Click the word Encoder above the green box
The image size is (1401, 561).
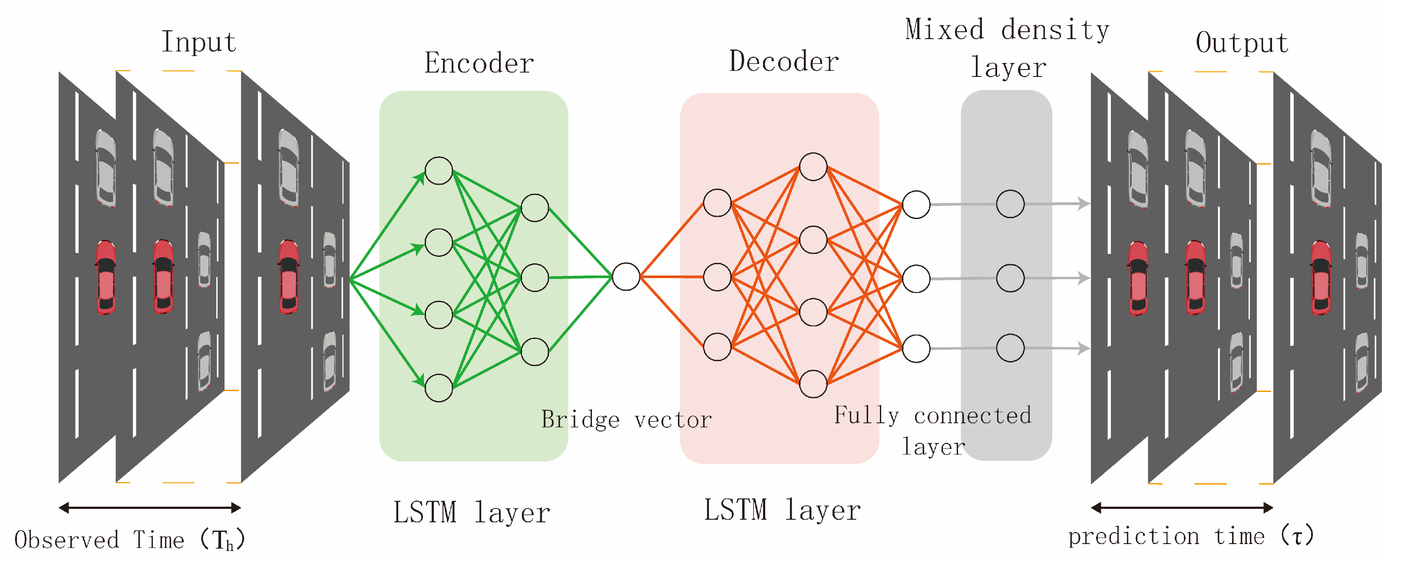point(479,63)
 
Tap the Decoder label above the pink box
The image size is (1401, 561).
point(784,61)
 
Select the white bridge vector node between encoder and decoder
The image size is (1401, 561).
point(625,276)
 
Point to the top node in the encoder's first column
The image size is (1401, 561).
point(438,170)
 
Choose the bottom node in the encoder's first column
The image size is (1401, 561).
point(438,388)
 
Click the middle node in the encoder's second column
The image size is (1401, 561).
point(535,278)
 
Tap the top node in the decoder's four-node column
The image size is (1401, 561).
point(813,166)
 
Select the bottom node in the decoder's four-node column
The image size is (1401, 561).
point(813,384)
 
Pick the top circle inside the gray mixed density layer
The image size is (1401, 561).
point(1010,204)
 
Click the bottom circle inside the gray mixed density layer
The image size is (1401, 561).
point(1010,348)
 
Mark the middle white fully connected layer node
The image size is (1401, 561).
point(916,279)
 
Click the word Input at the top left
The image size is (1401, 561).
point(199,43)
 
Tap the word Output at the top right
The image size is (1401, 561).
point(1242,43)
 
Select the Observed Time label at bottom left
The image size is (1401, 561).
point(129,540)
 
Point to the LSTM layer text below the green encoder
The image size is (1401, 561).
point(472,513)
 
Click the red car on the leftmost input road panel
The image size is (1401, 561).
point(106,278)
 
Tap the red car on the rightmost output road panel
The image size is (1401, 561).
point(1321,279)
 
